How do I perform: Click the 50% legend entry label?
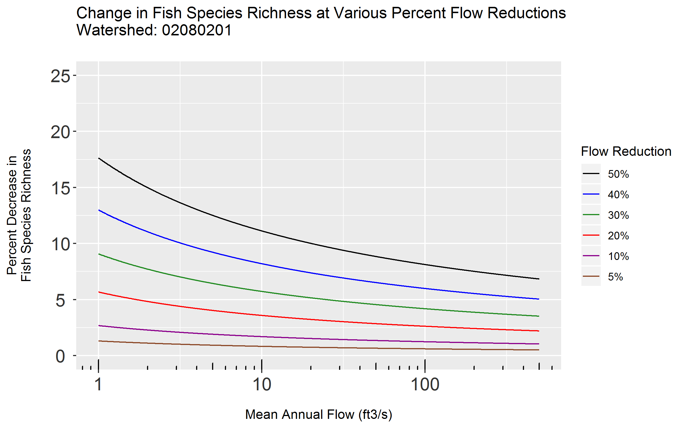click(618, 174)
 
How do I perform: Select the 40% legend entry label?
click(618, 195)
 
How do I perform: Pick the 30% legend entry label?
click(618, 215)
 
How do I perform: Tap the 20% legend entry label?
click(618, 236)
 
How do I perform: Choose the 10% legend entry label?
click(618, 256)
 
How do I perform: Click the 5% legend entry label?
click(615, 277)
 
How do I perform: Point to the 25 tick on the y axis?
click(60, 76)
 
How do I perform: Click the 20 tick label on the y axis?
click(60, 132)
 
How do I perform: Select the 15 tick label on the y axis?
click(60, 188)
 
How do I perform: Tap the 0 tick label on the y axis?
click(60, 356)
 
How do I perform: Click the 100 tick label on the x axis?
click(425, 385)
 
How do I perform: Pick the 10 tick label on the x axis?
click(262, 385)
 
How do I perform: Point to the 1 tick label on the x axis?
click(98, 385)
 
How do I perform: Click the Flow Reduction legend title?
click(626, 152)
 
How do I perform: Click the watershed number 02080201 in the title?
click(197, 30)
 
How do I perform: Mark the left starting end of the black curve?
click(99, 158)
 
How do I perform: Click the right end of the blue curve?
click(539, 299)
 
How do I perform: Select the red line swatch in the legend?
click(591, 235)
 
